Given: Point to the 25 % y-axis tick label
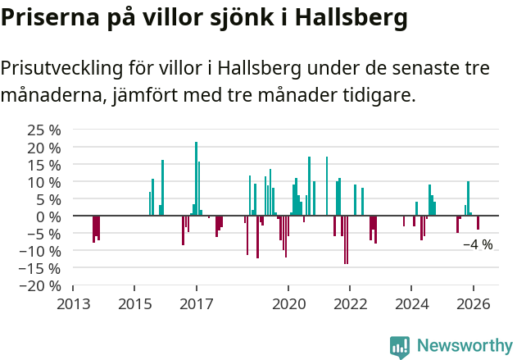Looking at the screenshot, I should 45,130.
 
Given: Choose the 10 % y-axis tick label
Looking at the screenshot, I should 45,182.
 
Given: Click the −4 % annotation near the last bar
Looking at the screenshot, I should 478,244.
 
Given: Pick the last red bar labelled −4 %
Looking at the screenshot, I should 478,223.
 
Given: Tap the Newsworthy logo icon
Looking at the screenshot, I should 400,347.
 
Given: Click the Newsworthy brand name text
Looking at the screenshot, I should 465,347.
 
